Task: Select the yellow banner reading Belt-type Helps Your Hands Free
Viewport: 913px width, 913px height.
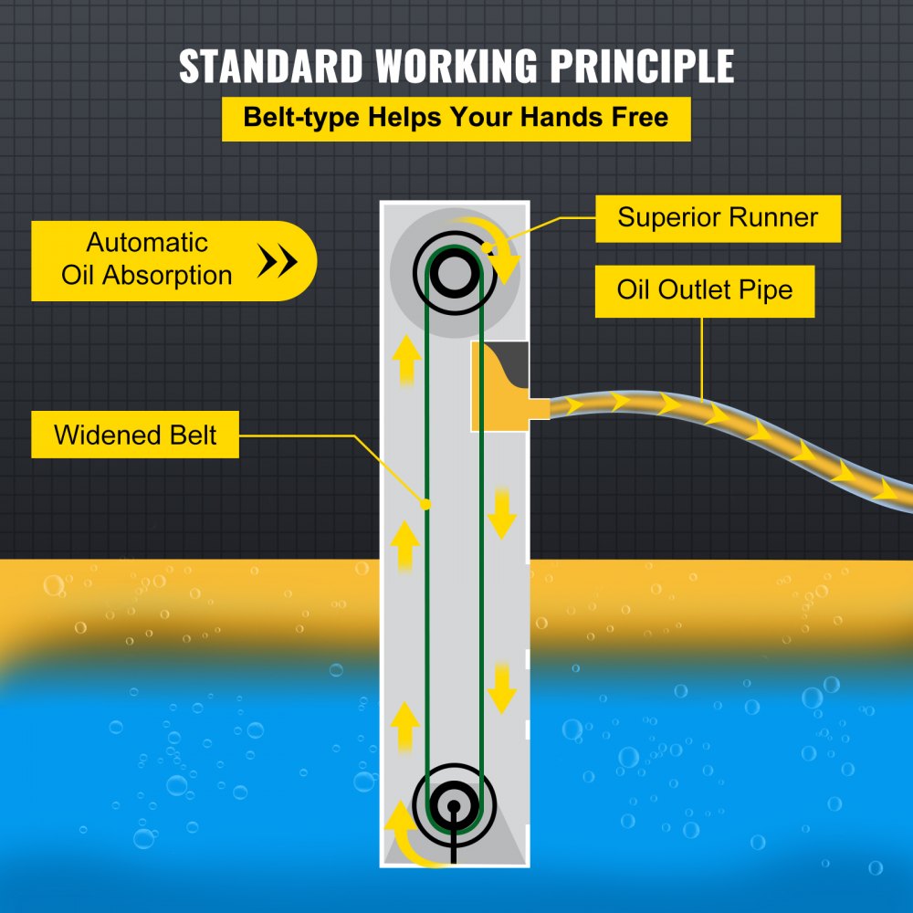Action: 456,118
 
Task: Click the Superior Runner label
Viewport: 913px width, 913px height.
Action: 717,217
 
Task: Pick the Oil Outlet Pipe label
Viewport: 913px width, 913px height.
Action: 704,291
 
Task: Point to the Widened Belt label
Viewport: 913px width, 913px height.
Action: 135,435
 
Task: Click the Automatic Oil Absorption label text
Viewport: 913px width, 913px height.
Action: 147,259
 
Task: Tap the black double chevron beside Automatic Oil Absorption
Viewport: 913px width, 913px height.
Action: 278,261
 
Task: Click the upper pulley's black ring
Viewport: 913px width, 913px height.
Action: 454,271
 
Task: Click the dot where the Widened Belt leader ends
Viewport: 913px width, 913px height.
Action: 425,503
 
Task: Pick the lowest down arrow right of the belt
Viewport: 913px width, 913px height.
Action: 501,687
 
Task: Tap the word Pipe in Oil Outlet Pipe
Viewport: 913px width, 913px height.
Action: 765,291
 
